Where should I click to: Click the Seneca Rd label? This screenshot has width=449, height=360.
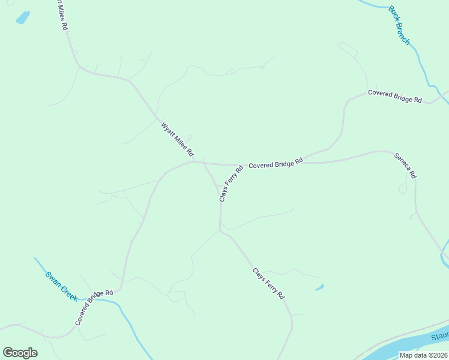pyautogui.click(x=405, y=166)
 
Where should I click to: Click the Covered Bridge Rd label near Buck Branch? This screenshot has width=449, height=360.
pyautogui.click(x=395, y=96)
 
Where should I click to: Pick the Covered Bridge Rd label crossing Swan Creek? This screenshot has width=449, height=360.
pyautogui.click(x=94, y=308)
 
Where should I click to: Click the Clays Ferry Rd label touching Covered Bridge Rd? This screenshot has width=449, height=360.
pyautogui.click(x=231, y=183)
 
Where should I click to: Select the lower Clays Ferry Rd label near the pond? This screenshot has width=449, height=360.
pyautogui.click(x=268, y=283)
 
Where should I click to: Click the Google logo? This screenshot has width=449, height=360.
pyautogui.click(x=20, y=353)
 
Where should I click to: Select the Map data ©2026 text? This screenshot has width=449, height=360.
pyautogui.click(x=424, y=355)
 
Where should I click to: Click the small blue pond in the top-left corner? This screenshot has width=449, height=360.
pyautogui.click(x=23, y=18)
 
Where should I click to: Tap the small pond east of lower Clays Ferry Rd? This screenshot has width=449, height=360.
pyautogui.click(x=319, y=287)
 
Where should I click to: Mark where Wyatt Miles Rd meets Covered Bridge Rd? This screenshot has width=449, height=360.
pyautogui.click(x=193, y=161)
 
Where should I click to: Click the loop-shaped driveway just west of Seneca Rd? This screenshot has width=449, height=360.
pyautogui.click(x=403, y=188)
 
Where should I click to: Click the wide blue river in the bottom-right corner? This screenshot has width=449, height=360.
pyautogui.click(x=414, y=346)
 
